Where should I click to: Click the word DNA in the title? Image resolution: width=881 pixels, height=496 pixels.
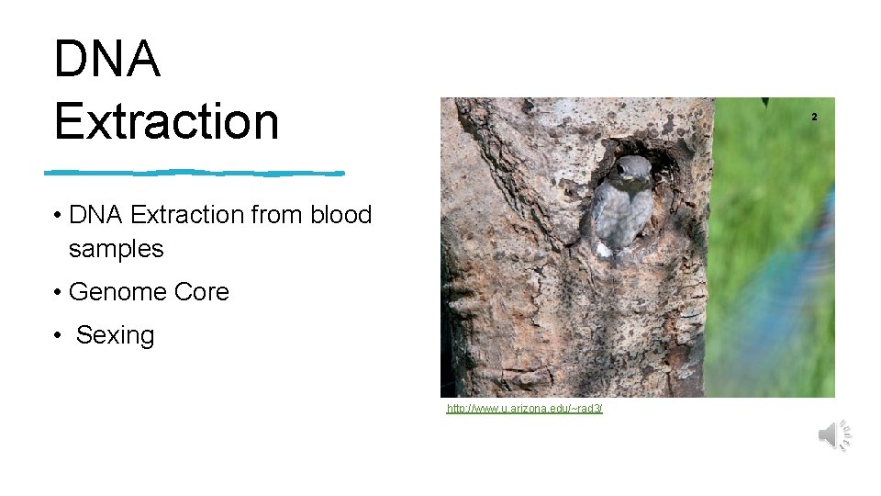point(107,59)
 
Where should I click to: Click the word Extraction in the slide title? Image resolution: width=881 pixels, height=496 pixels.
point(166,121)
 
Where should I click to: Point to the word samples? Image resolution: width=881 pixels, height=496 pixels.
point(116,249)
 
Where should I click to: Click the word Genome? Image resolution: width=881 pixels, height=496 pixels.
point(118,293)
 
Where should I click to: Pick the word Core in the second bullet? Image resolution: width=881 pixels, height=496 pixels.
point(202,292)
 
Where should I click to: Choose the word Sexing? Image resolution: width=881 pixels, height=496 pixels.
point(116,336)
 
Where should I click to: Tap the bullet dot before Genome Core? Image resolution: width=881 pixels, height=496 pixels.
point(57,293)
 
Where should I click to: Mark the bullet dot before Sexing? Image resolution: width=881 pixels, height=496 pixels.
point(57,336)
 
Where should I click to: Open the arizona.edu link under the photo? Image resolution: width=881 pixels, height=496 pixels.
point(524,408)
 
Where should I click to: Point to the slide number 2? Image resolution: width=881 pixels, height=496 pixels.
point(813,117)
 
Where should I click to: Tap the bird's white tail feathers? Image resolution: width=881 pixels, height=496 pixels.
point(603,249)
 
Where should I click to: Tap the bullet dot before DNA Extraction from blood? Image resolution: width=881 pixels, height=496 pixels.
point(57,215)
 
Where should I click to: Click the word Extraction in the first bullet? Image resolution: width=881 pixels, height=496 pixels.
point(186,215)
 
